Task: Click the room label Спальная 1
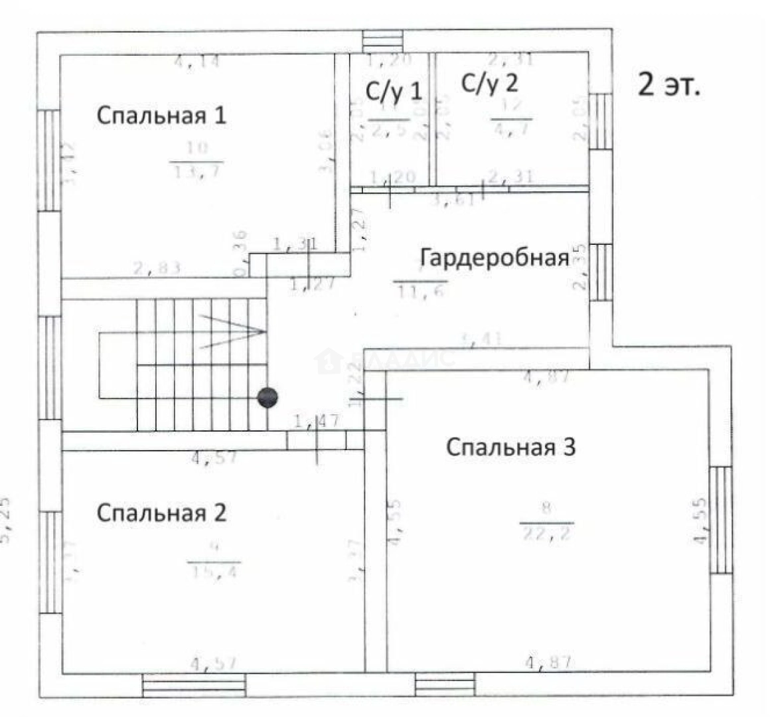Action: pos(161,115)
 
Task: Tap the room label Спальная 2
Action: pos(161,513)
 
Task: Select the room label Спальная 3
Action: pos(510,447)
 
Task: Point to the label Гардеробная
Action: pos(495,258)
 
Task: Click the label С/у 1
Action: pos(394,90)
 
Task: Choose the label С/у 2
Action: pos(490,84)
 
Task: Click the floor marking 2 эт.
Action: pos(668,86)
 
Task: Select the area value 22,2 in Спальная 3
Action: pos(546,532)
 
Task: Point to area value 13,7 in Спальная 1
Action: pos(197,171)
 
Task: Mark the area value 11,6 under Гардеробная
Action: pos(421,291)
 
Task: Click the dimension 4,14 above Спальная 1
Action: pos(196,62)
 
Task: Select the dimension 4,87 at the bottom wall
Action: pos(548,662)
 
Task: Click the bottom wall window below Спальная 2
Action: pos(194,684)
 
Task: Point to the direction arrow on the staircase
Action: pos(232,331)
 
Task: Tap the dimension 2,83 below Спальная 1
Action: pos(157,268)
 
